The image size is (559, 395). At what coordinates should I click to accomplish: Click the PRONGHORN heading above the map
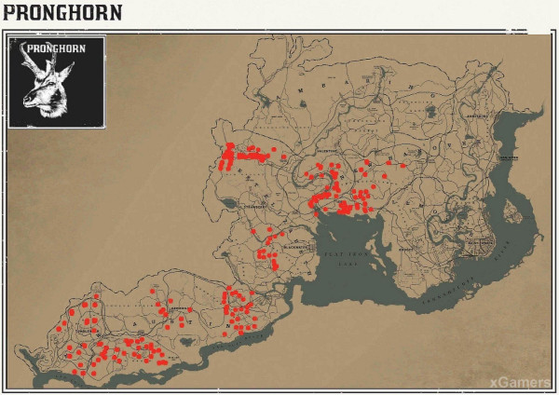point(57,14)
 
